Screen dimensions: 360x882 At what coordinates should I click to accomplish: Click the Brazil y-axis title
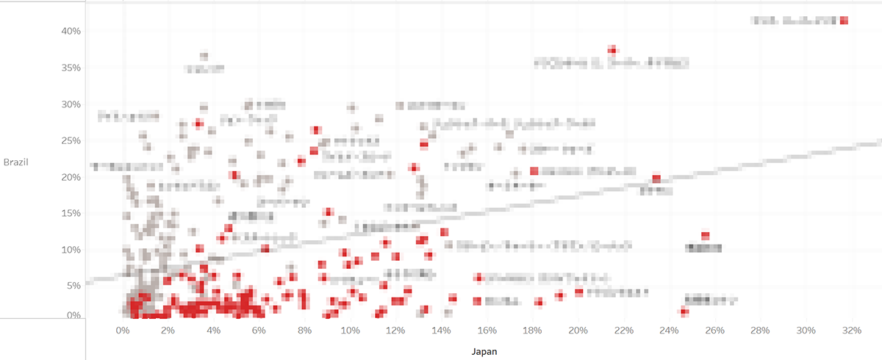click(x=16, y=162)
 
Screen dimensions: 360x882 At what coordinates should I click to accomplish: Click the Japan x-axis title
click(x=484, y=351)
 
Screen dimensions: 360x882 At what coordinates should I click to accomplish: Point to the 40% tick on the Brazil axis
click(x=71, y=32)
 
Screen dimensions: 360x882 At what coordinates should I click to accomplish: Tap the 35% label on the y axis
click(x=71, y=68)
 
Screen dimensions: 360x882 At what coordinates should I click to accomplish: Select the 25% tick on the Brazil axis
click(x=71, y=140)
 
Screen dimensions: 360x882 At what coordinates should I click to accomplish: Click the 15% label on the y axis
click(x=71, y=213)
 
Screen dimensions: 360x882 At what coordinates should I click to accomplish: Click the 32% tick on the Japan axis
click(x=852, y=330)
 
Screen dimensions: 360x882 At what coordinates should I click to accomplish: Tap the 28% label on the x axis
click(x=761, y=330)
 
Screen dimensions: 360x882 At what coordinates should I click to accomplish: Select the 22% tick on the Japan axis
click(x=624, y=330)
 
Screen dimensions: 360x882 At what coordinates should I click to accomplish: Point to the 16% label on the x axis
click(x=487, y=330)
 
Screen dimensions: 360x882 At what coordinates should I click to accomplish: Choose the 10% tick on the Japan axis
click(x=351, y=330)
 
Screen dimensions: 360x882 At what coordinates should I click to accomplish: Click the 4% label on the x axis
click(x=214, y=330)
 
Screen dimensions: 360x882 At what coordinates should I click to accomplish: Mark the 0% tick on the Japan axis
click(x=123, y=330)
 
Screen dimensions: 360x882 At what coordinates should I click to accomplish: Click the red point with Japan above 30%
click(x=845, y=21)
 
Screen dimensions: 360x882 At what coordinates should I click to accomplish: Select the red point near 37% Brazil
click(x=612, y=50)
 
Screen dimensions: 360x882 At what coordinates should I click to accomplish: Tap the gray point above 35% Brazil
click(x=204, y=55)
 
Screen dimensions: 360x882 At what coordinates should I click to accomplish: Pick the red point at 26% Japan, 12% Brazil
click(x=705, y=236)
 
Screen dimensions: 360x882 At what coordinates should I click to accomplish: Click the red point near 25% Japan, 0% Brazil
click(x=684, y=312)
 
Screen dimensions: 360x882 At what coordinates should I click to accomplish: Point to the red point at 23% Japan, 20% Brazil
click(x=656, y=179)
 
